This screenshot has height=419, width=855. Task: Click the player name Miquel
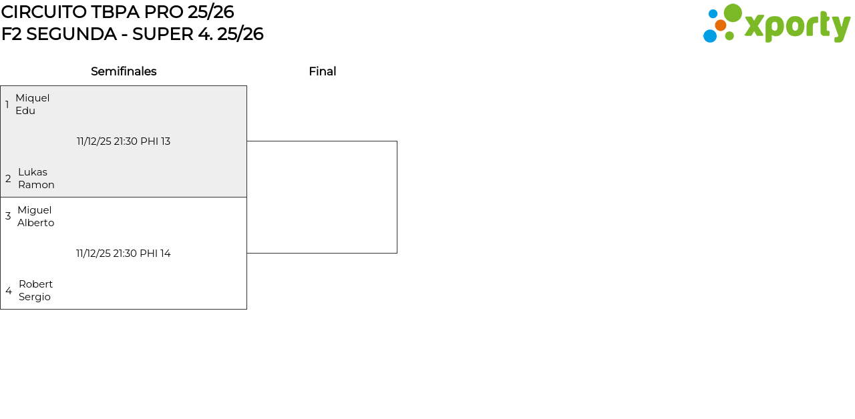[32, 98]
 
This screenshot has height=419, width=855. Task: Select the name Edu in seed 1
[25, 111]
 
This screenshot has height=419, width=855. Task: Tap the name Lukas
[33, 172]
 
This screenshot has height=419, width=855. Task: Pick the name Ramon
[36, 185]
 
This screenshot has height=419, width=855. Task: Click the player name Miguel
[34, 210]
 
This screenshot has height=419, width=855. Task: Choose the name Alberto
[35, 223]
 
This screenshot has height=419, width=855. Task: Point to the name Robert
[35, 284]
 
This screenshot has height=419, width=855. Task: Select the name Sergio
[35, 297]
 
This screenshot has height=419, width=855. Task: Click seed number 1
[7, 105]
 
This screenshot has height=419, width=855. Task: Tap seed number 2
[8, 179]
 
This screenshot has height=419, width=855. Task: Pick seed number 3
[8, 216]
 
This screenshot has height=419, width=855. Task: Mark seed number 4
[9, 291]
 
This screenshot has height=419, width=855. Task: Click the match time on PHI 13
[124, 141]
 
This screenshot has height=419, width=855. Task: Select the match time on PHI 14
[124, 254]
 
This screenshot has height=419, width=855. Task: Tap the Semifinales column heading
[124, 71]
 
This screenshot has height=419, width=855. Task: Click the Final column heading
[322, 71]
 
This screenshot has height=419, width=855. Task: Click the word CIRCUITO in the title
[44, 12]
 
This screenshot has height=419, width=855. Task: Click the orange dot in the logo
[720, 25]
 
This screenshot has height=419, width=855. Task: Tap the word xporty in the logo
[797, 27]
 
